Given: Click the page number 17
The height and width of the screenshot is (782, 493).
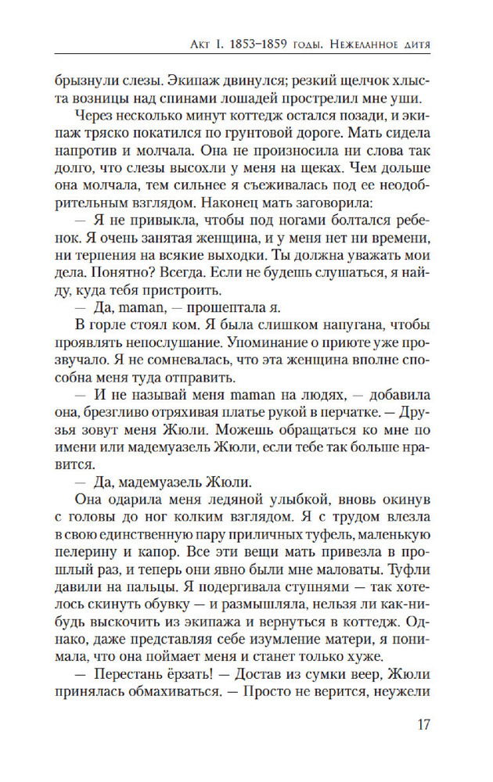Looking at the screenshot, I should pyautogui.click(x=423, y=724).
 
